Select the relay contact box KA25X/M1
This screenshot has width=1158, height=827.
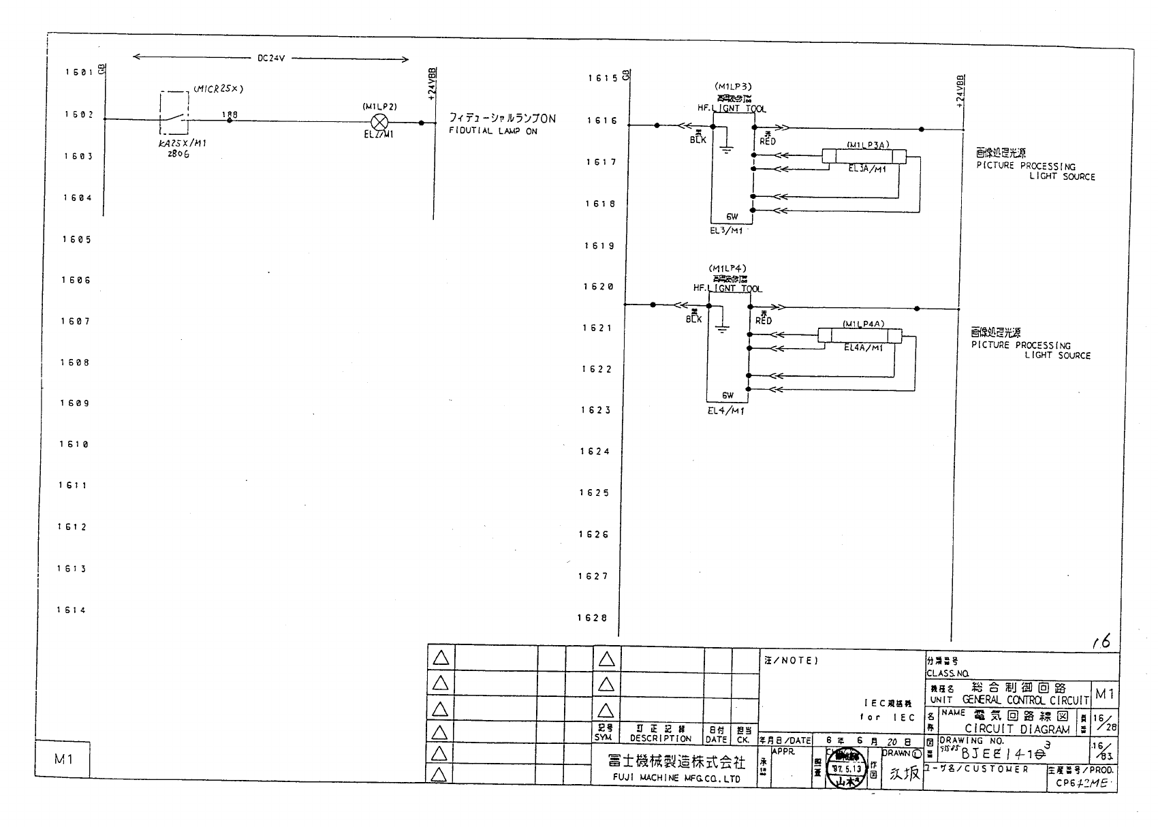pos(175,113)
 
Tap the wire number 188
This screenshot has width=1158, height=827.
pos(230,114)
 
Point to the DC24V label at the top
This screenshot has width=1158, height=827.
pos(271,59)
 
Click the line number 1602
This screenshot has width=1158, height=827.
pos(79,114)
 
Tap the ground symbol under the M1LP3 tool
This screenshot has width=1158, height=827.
pos(727,149)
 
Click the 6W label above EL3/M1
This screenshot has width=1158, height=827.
pos(732,217)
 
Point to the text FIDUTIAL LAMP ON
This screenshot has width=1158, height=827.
pos(492,131)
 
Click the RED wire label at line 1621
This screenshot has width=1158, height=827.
pos(764,320)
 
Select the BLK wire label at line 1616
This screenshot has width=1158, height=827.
pos(698,140)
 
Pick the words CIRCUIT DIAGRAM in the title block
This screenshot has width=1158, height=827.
pos(1017,729)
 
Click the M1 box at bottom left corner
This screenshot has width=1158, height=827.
pos(63,759)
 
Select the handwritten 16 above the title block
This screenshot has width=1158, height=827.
pos(1101,641)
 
